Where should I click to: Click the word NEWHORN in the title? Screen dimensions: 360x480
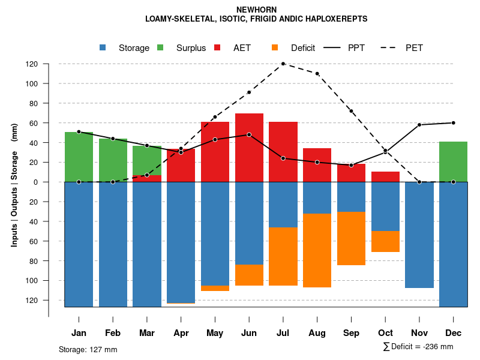coord(256,10)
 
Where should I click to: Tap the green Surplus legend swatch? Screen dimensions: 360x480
coord(160,48)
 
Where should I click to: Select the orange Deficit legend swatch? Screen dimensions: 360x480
coord(275,48)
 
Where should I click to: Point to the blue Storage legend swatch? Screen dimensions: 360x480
coord(103,48)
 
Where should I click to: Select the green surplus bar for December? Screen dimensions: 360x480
coord(453,161)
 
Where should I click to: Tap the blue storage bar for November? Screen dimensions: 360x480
coord(419,235)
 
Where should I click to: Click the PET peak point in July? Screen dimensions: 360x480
coord(283,64)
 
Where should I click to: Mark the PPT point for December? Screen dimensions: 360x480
coord(453,123)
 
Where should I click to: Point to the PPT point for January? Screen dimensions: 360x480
coord(79,131)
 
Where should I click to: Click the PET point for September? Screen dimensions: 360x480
coord(351,111)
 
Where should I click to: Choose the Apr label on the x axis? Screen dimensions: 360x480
coord(181,333)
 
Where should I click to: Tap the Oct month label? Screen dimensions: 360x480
coord(385,333)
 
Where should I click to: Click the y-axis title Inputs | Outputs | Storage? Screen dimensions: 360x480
coord(14,184)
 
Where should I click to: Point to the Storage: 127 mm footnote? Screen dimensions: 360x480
coord(88,349)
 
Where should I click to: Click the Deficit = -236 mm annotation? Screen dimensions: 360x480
coord(418,347)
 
